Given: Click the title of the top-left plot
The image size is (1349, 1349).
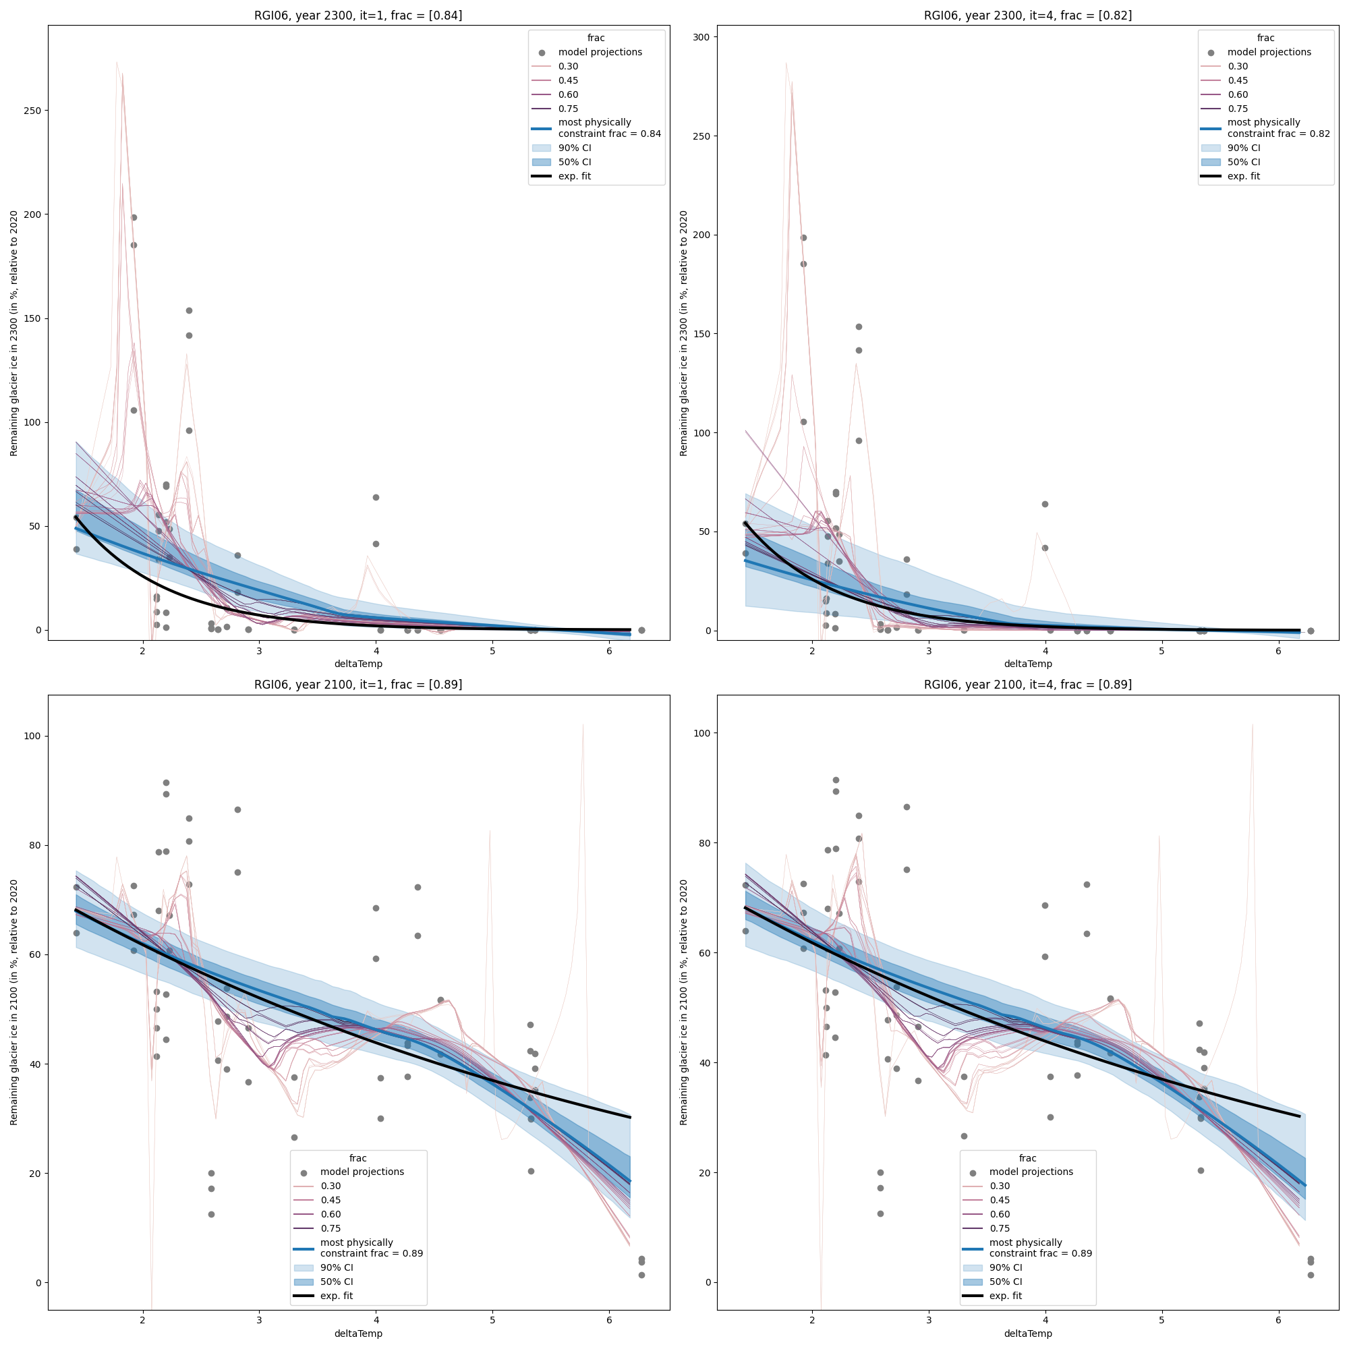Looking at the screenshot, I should pos(357,16).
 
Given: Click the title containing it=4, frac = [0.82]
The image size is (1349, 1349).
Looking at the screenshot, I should pos(1027,16).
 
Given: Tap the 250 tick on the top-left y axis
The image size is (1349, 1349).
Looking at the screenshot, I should pos(32,111).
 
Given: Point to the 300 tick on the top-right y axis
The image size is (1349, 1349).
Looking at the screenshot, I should pos(701,37).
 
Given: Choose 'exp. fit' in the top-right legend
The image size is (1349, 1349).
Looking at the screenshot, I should pos(1244,176).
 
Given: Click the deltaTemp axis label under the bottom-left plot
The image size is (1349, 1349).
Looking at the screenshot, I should pos(357,1333).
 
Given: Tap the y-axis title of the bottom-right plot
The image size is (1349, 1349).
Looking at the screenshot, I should pos(683,1002).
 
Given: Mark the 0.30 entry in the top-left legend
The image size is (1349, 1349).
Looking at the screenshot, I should pos(568,66).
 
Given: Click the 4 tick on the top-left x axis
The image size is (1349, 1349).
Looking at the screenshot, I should pos(376,650).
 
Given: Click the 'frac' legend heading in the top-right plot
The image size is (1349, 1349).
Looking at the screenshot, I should pos(1265,38).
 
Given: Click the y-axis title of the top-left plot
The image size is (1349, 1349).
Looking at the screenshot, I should pos(14,333).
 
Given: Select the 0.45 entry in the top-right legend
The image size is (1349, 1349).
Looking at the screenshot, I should pos(1237,80).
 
